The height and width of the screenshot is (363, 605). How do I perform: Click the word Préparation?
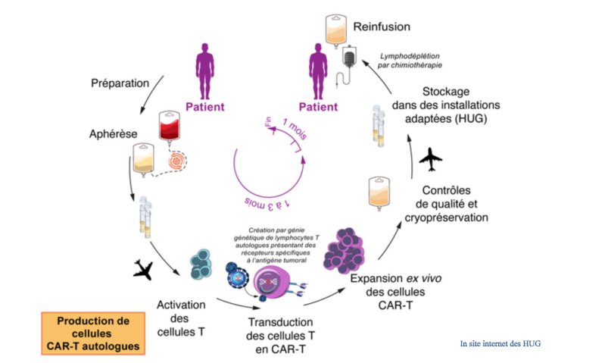point(120,83)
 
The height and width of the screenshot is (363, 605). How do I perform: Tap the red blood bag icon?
point(167,128)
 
